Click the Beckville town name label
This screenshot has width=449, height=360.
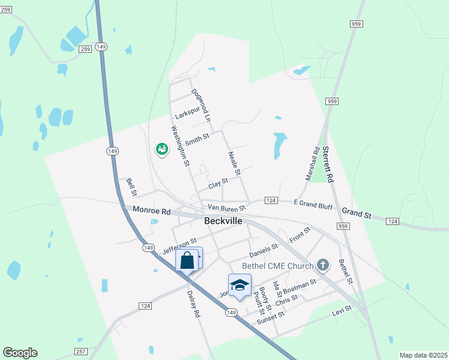click(223, 221)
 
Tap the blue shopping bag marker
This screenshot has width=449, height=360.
click(187, 261)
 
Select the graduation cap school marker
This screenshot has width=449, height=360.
click(240, 285)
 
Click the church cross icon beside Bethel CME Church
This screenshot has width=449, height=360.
click(323, 265)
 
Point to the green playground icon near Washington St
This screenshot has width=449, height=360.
click(161, 149)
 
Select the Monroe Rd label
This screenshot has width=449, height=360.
click(152, 211)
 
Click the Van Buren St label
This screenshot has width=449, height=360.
click(227, 208)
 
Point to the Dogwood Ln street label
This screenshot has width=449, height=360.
click(201, 106)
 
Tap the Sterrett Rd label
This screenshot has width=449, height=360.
click(328, 164)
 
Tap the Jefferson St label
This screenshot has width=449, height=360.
click(179, 245)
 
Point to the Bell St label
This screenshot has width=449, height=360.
click(132, 187)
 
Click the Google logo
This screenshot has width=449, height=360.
click(20, 353)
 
